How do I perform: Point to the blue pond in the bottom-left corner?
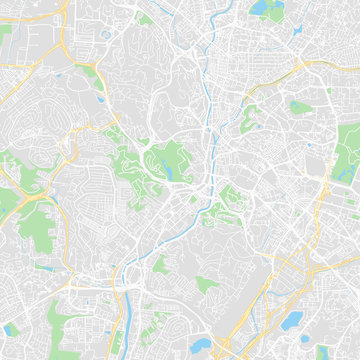pyautogui.click(x=12, y=329)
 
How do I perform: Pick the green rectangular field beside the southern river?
pyautogui.click(x=160, y=265)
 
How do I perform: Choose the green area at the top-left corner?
pyautogui.click(x=6, y=35)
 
